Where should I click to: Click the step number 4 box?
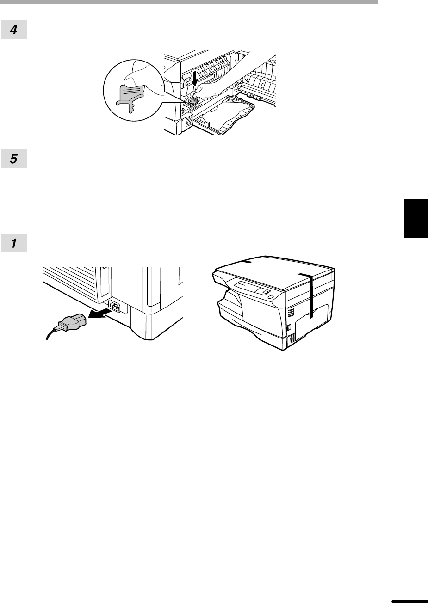14,30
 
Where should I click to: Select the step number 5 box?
14,159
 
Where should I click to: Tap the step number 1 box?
14,243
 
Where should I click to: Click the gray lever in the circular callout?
130,98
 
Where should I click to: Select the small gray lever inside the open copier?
192,103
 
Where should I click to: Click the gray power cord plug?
71,322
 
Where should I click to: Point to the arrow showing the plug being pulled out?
99,314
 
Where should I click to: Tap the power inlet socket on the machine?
114,306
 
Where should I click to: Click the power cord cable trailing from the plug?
50,334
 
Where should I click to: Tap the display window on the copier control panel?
247,287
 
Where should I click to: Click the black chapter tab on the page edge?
416,218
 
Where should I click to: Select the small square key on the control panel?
265,292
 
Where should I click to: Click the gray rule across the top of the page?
189,1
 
